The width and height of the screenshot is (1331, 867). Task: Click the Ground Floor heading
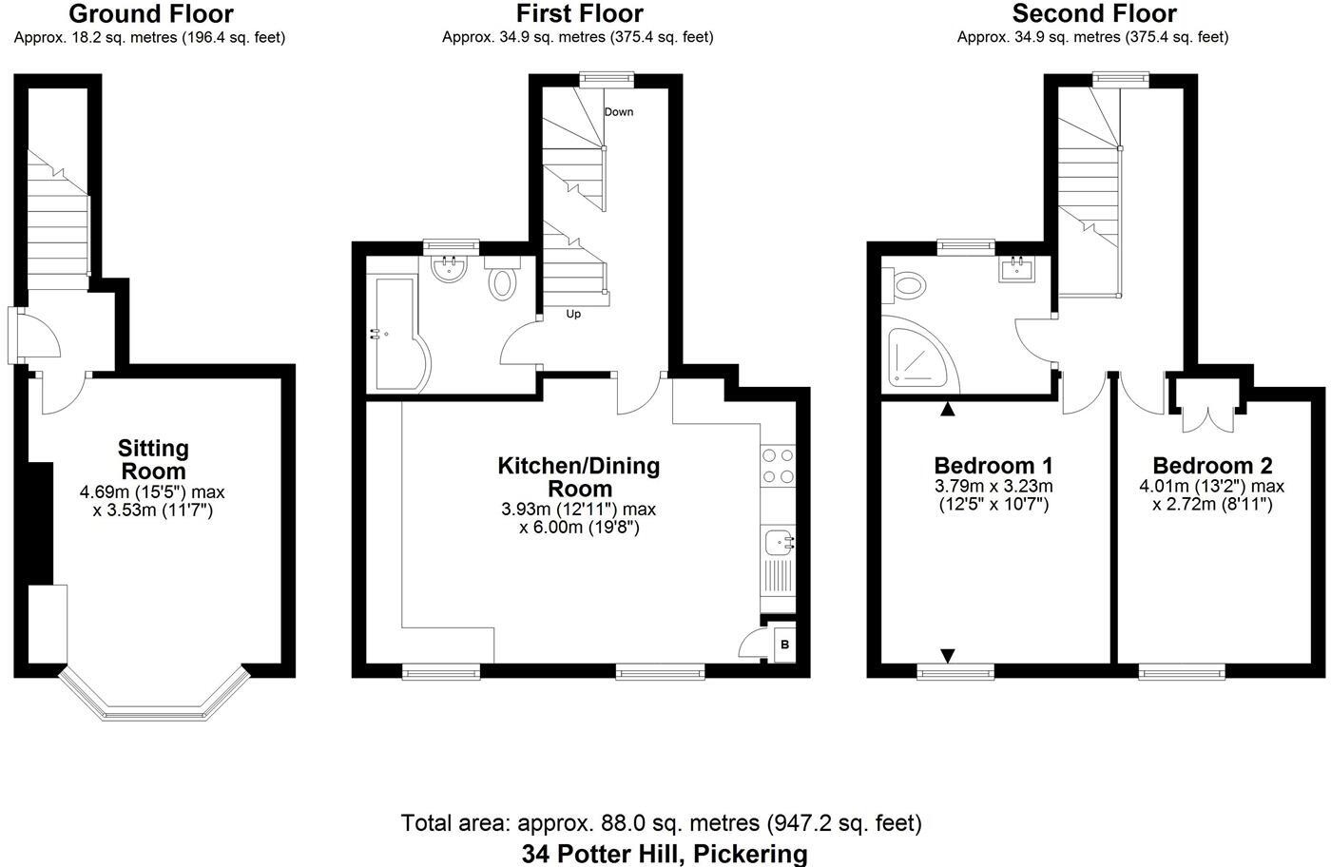(x=150, y=14)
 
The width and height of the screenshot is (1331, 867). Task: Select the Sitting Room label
(x=153, y=459)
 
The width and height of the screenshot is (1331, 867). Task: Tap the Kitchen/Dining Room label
(x=578, y=476)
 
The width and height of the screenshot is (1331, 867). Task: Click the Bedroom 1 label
(x=993, y=466)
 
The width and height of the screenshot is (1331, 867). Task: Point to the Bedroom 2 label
(x=1212, y=466)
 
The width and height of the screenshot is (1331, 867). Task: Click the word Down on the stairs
(x=619, y=112)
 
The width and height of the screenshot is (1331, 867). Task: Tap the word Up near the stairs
(x=573, y=314)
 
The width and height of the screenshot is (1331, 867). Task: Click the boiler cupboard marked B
(x=784, y=645)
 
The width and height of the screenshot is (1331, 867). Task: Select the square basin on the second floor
(x=1017, y=269)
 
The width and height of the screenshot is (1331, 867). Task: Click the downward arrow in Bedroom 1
(x=948, y=655)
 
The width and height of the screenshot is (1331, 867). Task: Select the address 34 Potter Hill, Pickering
(x=664, y=853)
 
